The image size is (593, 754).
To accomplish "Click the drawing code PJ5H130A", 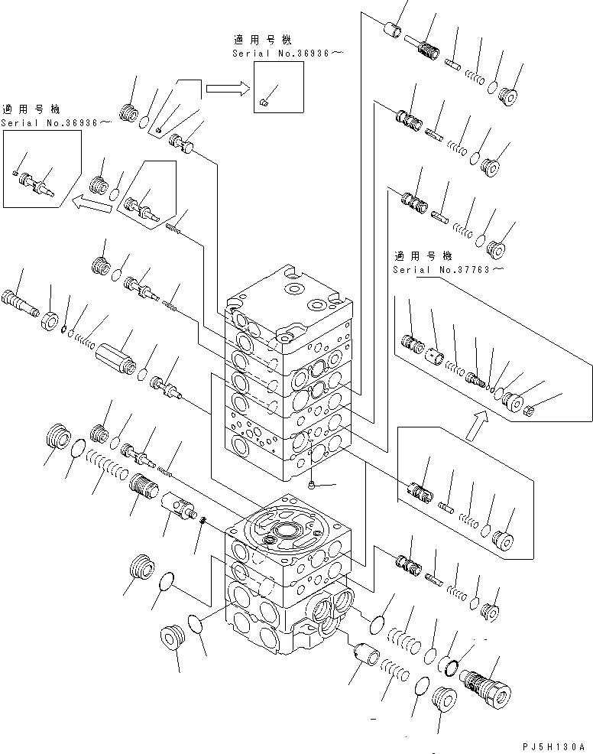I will coord(554,746).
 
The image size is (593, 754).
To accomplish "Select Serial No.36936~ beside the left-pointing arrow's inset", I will coord(56,122).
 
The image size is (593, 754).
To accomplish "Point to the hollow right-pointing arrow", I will coord(228,89).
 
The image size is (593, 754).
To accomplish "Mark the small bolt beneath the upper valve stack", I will coord(314,483).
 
